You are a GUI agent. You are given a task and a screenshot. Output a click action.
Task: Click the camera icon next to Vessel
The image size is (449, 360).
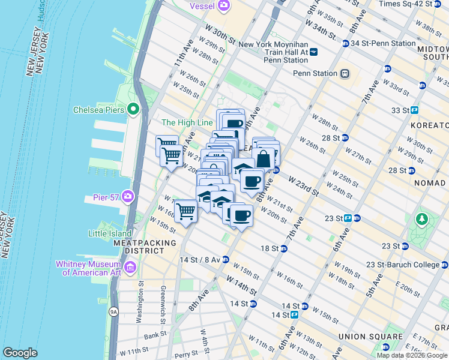point(224,6)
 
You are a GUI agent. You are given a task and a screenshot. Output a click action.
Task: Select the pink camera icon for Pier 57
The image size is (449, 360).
point(128,196)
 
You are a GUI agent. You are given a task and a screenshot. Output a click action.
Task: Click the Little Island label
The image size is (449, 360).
point(91,233)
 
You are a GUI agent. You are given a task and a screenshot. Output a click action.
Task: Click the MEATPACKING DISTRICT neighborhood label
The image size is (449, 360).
point(145,247)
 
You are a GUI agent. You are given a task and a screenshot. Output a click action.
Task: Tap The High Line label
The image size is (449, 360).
point(187,122)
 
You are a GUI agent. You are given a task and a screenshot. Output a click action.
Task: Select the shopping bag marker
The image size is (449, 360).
point(264,159)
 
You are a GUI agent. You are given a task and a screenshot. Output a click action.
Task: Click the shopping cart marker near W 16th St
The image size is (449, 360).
point(186,212)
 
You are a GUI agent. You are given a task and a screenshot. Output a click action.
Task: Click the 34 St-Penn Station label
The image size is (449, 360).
point(383,43)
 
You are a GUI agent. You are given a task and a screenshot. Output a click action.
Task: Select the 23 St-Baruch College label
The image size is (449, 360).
point(415,264)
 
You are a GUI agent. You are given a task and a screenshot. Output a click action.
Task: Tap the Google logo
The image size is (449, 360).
point(20,353)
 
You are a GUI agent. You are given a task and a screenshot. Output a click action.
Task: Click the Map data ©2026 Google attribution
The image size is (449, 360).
point(412,355)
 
